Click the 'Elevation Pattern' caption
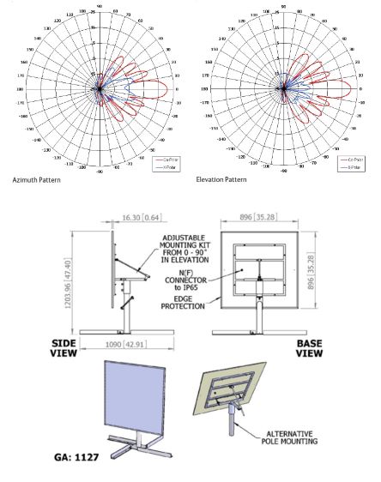pos(221,179)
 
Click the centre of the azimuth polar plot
pos(99,87)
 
